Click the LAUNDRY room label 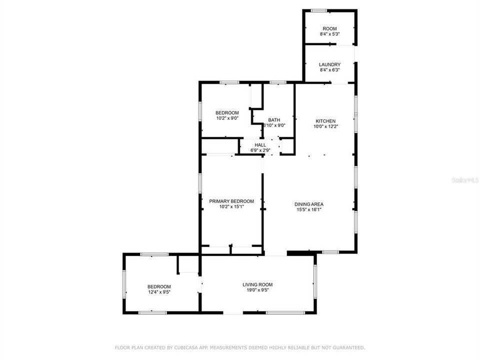[329, 64]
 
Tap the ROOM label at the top [329, 28]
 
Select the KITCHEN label [325, 121]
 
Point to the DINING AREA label [308, 204]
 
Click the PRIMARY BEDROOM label [228, 201]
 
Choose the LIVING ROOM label [257, 284]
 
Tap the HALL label [260, 145]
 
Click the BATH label [274, 120]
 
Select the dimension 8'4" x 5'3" [329, 34]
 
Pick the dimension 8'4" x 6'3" [329, 70]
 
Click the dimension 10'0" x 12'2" [325, 126]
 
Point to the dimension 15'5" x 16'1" [308, 209]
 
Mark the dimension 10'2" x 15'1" [228, 206]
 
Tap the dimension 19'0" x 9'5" [257, 290]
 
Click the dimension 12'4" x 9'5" [159, 292]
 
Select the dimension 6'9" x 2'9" [260, 150]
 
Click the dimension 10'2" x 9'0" [227, 118]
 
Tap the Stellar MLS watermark [464, 179]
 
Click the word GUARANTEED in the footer [349, 347]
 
